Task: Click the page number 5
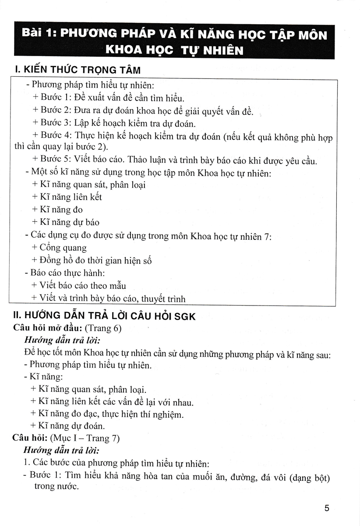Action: coord(326,508)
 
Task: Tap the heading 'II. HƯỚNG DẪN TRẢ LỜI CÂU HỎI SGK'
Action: coord(104,316)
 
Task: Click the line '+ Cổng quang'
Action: coord(60,248)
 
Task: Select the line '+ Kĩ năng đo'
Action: coord(57,210)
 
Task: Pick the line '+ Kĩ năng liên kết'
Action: coord(67,197)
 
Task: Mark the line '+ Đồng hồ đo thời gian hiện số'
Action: coord(92,261)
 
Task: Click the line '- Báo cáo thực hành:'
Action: coord(65,273)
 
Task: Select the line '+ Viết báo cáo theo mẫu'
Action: coord(79,286)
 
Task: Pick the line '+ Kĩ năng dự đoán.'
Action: coord(67,426)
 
